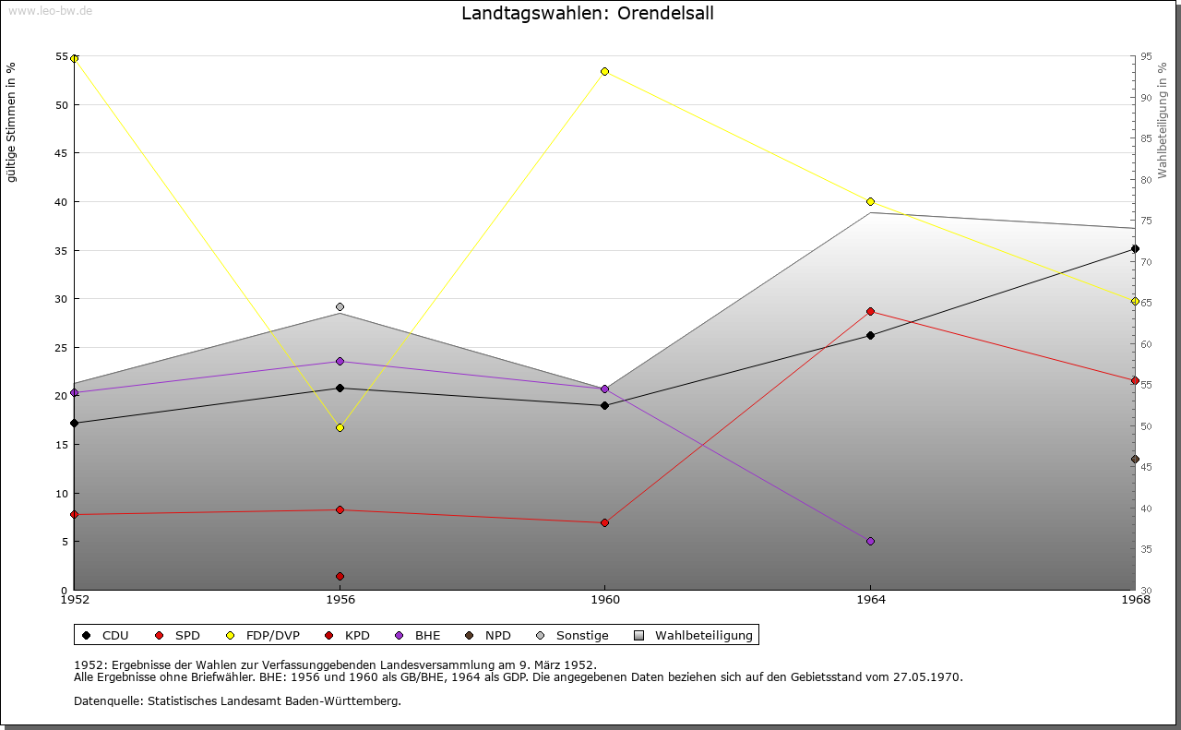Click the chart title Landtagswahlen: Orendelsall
coord(588,14)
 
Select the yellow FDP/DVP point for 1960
coord(604,71)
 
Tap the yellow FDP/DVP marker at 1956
coord(340,427)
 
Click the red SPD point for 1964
coord(870,311)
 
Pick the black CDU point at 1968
coord(1135,248)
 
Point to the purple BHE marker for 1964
coord(870,541)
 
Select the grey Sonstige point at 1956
coord(340,306)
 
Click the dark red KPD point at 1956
coord(340,576)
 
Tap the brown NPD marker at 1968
coord(1135,459)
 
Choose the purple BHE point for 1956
coord(340,361)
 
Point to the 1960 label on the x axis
coord(604,600)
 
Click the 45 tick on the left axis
coord(61,153)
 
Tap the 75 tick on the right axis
coord(1145,221)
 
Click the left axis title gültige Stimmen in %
coord(11,122)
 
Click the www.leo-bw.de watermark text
coord(50,10)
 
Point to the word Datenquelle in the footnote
coord(103,701)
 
